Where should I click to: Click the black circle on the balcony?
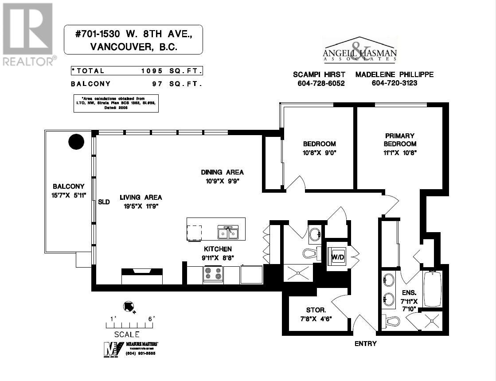(76, 142)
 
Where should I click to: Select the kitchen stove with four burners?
(213, 274)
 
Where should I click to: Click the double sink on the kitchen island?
(228, 233)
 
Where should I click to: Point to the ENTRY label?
(366, 343)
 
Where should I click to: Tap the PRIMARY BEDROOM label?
(400, 140)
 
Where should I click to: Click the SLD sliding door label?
(104, 202)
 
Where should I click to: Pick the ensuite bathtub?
(433, 289)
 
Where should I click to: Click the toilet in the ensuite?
(391, 321)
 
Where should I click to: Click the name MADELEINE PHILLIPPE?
(394, 74)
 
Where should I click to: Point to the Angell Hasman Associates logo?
(359, 51)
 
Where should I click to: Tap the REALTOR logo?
(29, 35)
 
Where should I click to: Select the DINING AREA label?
(222, 172)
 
